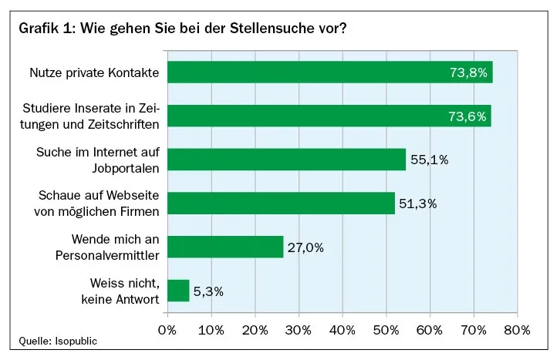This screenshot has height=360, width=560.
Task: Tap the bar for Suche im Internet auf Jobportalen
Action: (285, 160)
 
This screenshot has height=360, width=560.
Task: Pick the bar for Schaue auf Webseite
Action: (281, 204)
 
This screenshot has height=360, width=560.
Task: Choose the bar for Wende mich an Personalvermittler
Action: (225, 247)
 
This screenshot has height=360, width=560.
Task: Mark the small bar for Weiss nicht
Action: (178, 291)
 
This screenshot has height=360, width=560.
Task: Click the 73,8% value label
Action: (468, 73)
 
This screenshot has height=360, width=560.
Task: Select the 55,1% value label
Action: (429, 160)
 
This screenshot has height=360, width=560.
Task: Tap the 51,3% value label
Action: (418, 204)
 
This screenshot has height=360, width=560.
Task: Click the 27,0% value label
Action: (305, 247)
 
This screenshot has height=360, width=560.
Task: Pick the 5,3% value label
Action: (208, 291)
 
